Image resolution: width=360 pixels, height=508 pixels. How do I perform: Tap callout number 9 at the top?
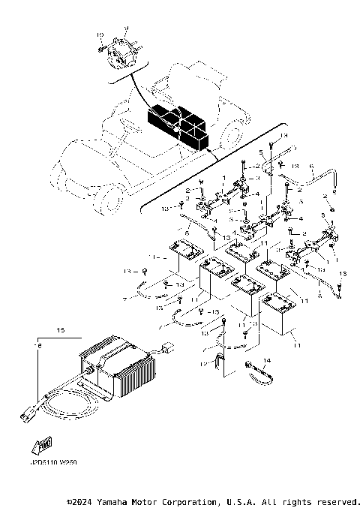coord(127,28)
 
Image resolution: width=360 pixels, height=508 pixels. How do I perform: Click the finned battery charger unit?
coord(119,368)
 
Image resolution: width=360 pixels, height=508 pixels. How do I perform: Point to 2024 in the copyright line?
coord(84,501)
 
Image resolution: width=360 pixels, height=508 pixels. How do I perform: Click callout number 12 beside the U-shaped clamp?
coord(202,365)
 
